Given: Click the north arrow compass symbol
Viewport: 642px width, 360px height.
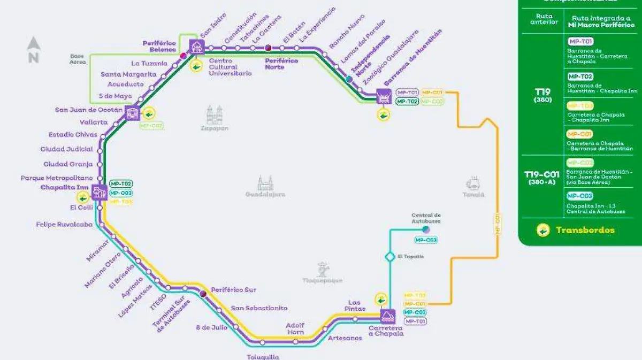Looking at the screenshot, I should tap(34, 50).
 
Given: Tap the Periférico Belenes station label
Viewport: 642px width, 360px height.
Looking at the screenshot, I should tap(159, 46).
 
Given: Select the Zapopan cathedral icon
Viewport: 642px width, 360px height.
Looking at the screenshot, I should tap(215, 115).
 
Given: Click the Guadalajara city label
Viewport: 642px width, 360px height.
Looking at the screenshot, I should tap(265, 194).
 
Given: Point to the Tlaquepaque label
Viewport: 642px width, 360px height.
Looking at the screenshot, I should tap(322, 280).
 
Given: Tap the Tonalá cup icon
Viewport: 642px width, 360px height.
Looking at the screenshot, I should tap(473, 183).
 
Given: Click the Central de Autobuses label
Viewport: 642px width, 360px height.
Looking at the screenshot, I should tap(426, 218).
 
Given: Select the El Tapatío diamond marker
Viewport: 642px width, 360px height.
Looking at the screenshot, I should tap(390, 257).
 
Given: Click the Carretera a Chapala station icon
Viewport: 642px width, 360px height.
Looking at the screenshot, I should tap(387, 315).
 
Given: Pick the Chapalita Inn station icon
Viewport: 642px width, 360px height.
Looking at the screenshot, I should tap(98, 192).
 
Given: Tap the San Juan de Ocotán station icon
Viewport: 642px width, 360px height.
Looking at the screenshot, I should tap(132, 113).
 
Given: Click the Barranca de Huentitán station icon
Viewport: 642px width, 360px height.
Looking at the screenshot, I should tap(384, 97).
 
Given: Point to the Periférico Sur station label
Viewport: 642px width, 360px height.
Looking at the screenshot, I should tap(233, 290).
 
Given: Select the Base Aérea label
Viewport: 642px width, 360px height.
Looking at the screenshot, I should tap(78, 58).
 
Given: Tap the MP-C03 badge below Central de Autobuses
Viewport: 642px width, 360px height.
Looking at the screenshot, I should tap(426, 240).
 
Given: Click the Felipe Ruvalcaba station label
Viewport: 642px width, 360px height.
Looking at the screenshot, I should tap(64, 225).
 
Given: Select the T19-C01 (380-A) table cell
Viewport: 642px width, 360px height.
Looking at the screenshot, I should tap(541, 177).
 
